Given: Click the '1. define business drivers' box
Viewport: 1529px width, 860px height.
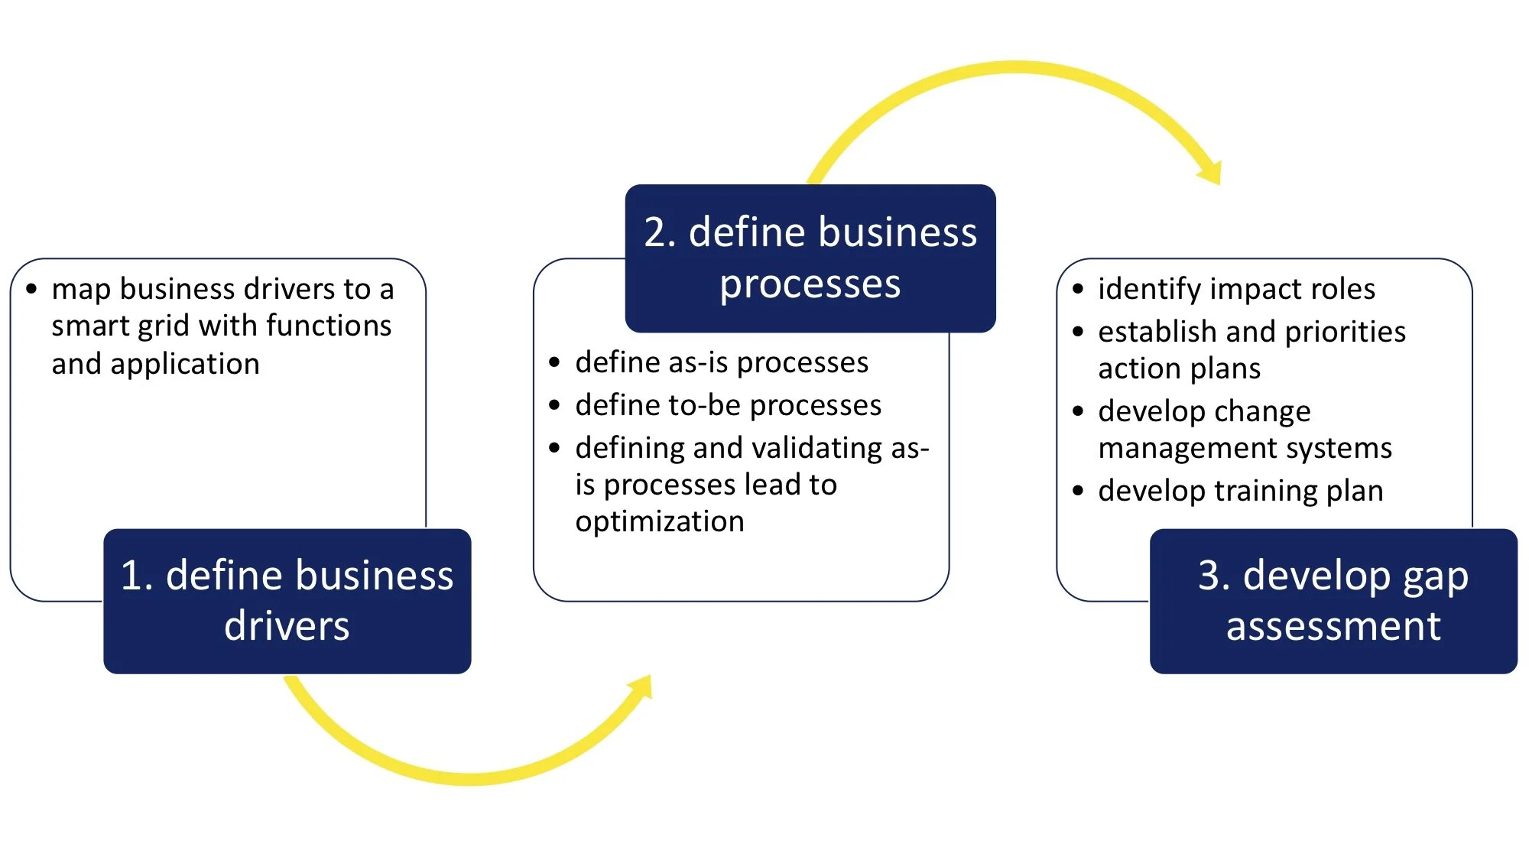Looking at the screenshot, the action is [x=287, y=601].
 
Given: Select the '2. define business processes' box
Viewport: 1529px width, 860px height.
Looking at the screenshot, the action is [x=810, y=258].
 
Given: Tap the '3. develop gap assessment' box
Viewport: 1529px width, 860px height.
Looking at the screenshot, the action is [x=1333, y=601].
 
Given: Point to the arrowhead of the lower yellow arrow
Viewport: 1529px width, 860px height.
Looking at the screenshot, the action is [x=641, y=687].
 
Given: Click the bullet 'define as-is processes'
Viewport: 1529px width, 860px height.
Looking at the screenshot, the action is [x=722, y=362].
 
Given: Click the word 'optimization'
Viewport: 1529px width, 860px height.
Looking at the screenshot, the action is [x=660, y=521].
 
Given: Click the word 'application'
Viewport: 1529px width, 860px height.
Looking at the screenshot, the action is [x=185, y=365].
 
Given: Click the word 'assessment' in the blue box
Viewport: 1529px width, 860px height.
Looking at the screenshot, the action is [x=1333, y=627].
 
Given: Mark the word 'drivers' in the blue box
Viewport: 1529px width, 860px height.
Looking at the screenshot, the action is [x=287, y=626].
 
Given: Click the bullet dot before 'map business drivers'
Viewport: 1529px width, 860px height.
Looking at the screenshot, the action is [x=31, y=289].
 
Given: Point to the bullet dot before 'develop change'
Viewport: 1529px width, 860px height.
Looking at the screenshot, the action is [x=1078, y=411].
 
